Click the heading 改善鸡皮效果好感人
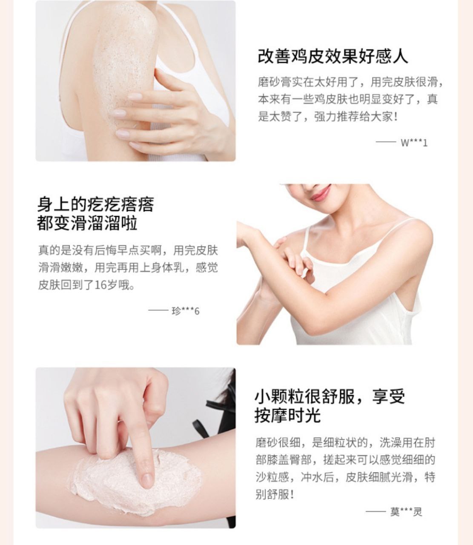point(333,57)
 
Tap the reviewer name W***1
point(414,143)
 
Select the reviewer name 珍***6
point(186,311)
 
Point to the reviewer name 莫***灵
point(406,512)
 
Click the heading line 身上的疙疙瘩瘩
point(96,204)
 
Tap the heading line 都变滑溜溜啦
point(87,223)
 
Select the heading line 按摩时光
point(287,416)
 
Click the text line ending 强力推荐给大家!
point(328,117)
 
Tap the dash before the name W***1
point(386,143)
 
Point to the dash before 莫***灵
point(376,511)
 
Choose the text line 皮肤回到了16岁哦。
point(86,285)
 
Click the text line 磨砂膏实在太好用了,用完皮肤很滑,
point(350,82)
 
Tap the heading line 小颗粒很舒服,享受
point(330,396)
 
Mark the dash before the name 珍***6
point(158,310)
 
